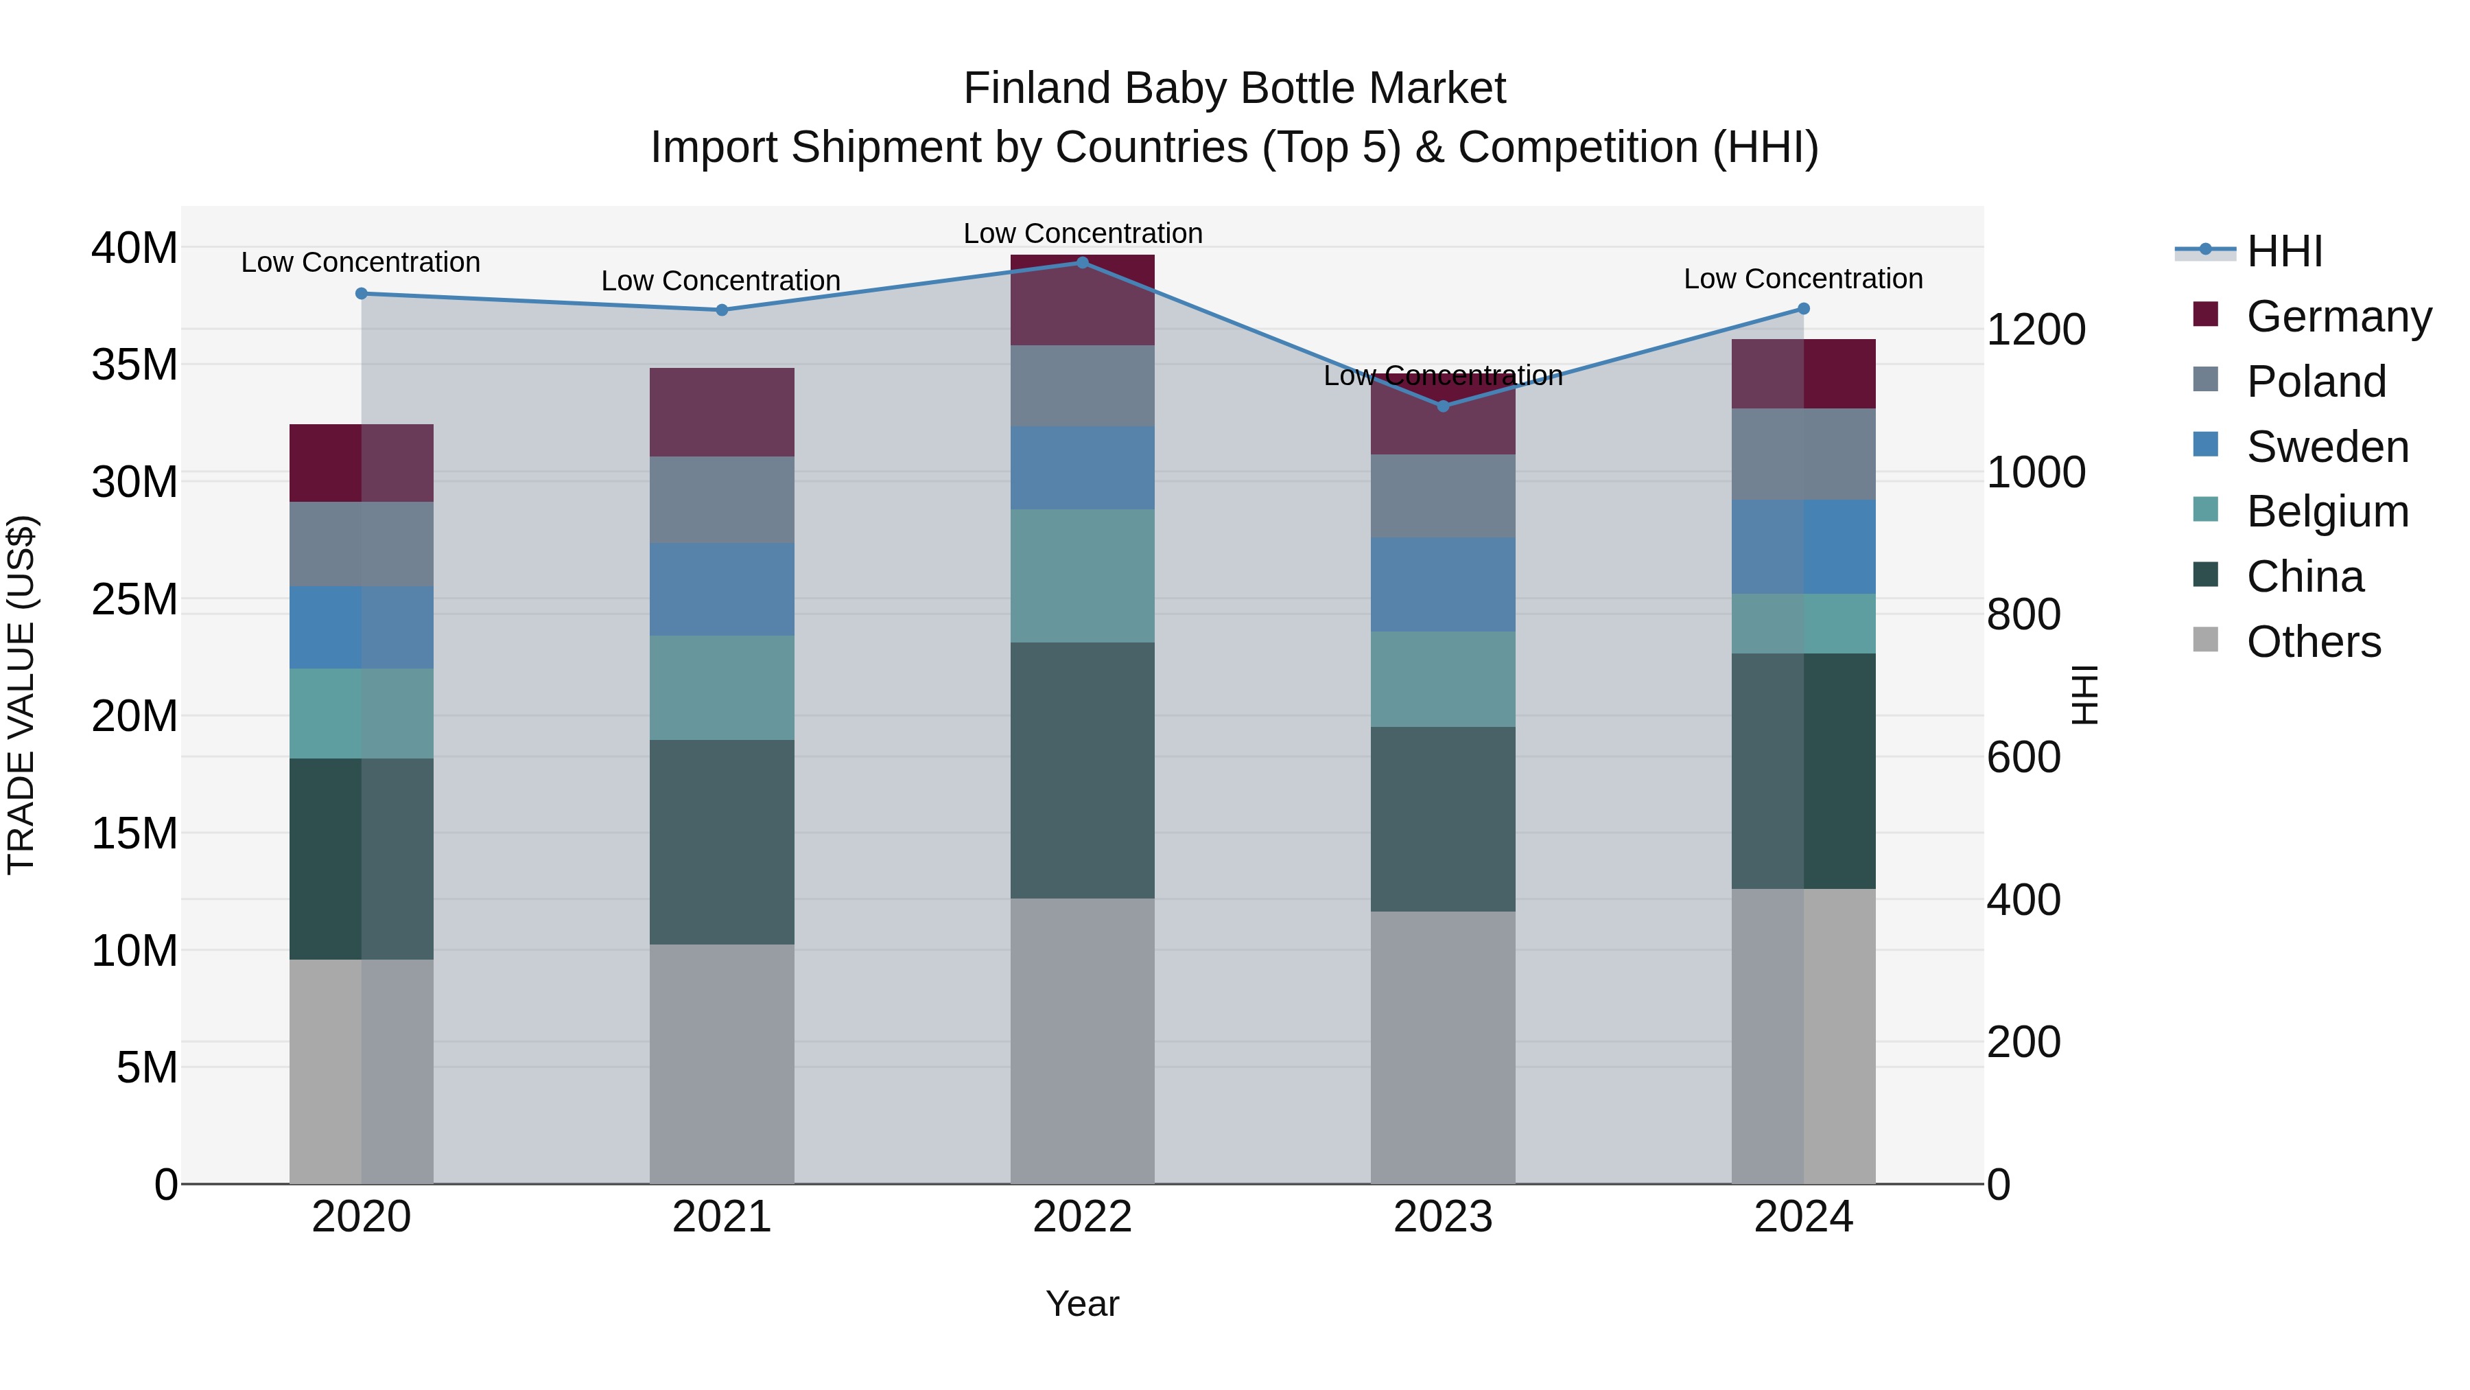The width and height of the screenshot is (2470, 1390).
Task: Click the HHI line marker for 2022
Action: click(x=1083, y=262)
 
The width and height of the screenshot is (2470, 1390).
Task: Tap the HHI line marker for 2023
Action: click(x=1443, y=406)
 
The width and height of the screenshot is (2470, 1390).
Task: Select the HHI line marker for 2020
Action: click(x=362, y=294)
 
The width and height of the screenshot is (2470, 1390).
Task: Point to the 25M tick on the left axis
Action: click(x=134, y=599)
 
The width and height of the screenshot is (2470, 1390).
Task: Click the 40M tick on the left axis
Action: click(x=134, y=248)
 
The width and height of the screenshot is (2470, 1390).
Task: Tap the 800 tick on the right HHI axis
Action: click(x=2023, y=615)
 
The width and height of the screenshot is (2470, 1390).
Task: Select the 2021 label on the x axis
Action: click(x=721, y=1217)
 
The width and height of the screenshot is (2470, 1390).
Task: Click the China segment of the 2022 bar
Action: click(x=1083, y=770)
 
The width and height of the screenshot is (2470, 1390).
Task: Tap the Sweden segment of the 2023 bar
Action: click(x=1443, y=584)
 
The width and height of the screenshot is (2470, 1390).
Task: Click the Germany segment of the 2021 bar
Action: click(x=721, y=412)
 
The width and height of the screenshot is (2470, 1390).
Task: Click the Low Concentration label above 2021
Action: click(x=720, y=281)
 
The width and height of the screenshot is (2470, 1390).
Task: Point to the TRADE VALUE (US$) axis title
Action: click(x=21, y=695)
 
